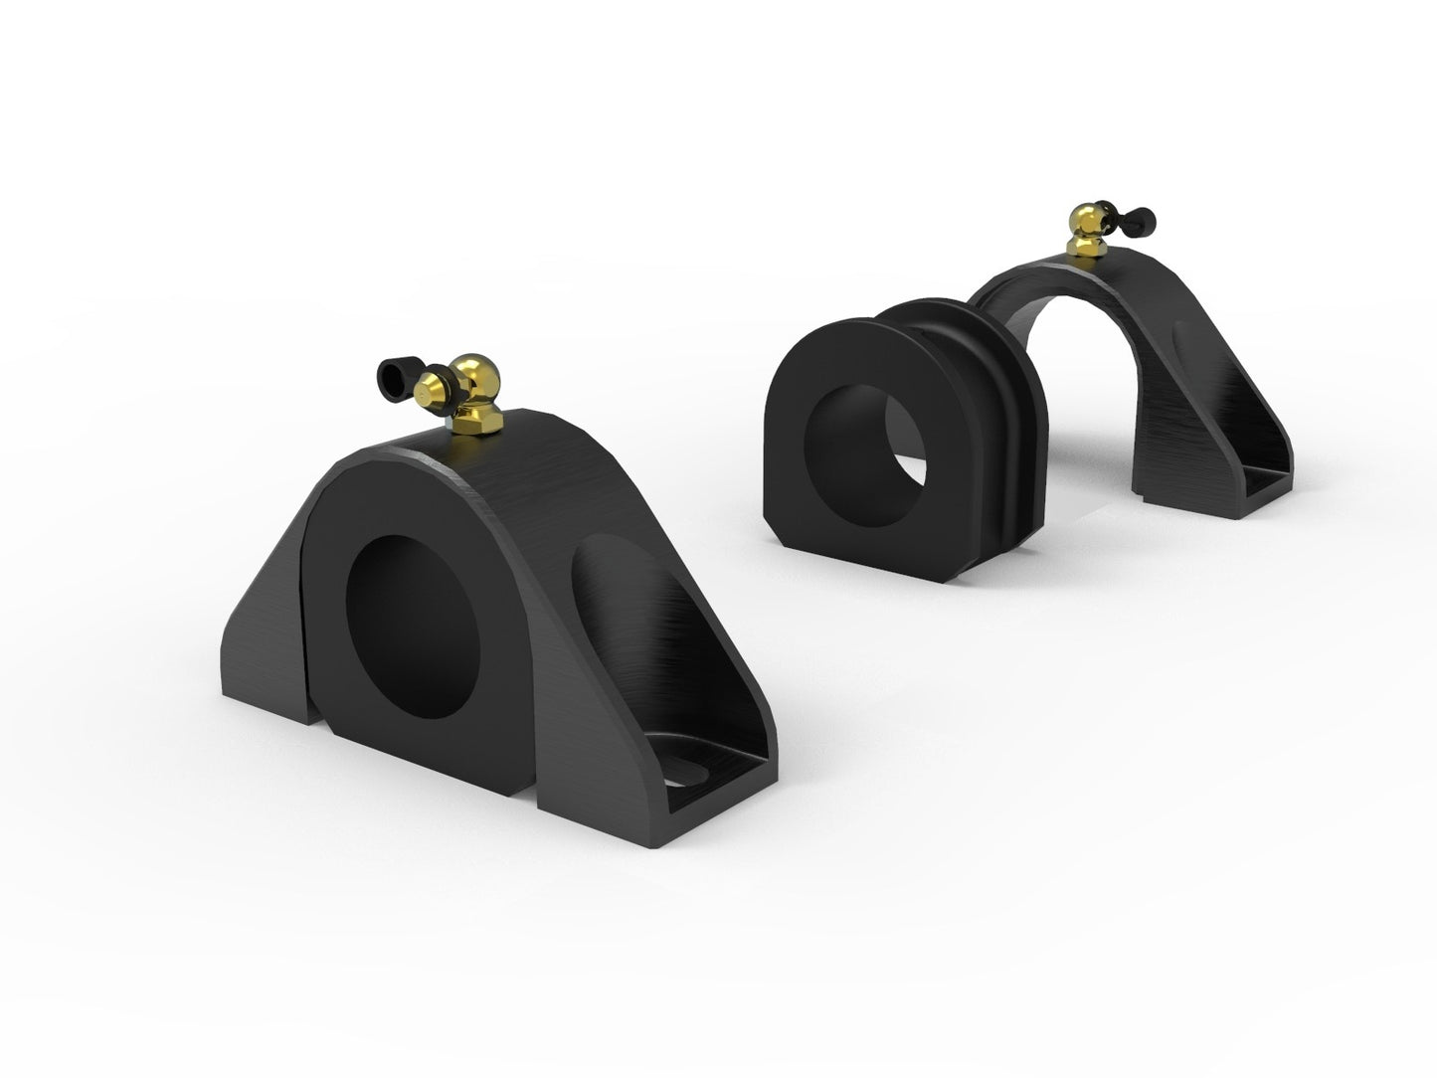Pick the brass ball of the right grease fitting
pos(1084,218)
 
